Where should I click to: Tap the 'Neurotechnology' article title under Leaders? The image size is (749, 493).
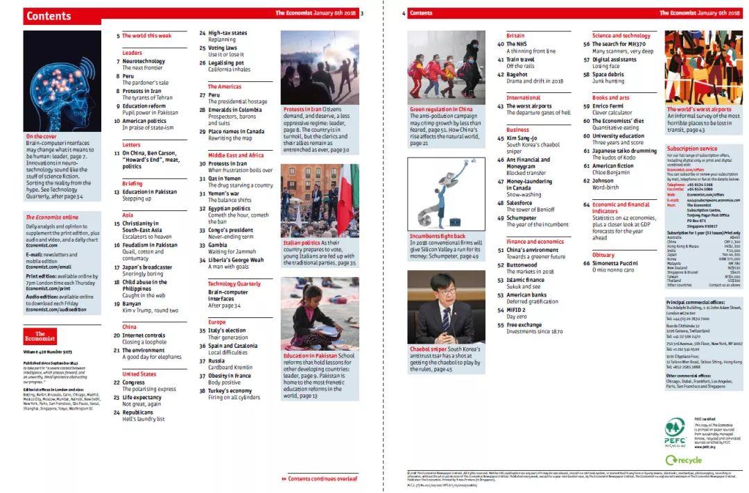pos(144,61)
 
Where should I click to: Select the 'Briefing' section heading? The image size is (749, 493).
pos(132,183)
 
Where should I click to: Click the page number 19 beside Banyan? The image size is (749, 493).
pos(117,303)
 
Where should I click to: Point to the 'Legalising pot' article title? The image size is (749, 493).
pos(226,62)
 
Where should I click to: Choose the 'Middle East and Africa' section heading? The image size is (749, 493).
pos(236,155)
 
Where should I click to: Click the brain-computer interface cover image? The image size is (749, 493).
pos(62,81)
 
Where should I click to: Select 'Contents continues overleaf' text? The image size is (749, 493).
pos(323,478)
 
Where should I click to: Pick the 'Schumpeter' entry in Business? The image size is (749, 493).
pos(522,217)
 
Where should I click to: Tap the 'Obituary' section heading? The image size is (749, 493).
pos(603,255)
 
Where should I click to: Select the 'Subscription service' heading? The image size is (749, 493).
pos(692,148)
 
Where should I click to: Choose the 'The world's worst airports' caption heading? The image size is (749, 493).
pos(699,109)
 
